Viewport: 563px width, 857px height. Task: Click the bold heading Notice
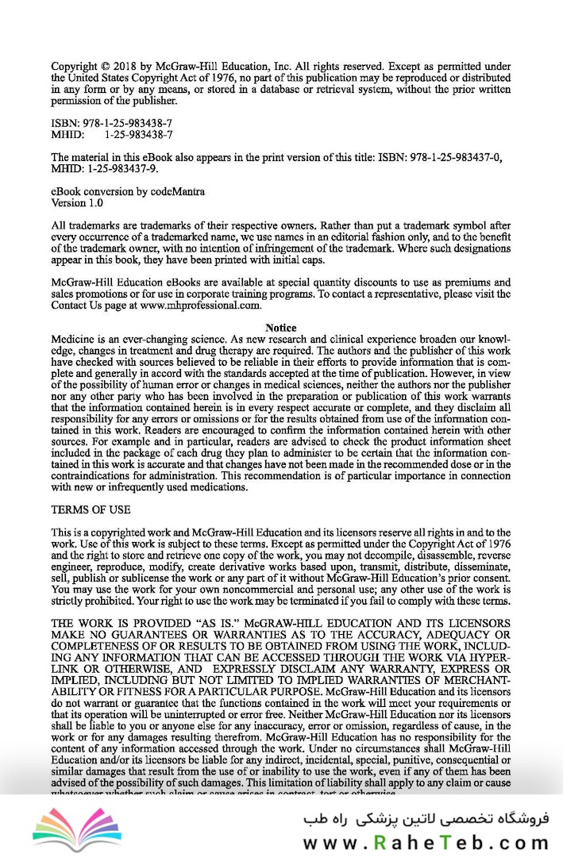(x=281, y=328)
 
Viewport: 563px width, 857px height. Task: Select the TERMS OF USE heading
(x=91, y=509)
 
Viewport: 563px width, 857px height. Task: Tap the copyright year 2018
(x=129, y=67)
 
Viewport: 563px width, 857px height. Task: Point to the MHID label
(x=67, y=135)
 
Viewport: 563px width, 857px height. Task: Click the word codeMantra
(x=176, y=191)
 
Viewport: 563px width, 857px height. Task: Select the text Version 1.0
(x=77, y=202)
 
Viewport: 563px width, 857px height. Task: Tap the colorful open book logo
(x=77, y=825)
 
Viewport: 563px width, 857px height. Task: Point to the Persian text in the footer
(x=426, y=817)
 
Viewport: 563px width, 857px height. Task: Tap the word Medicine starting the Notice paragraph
(x=74, y=339)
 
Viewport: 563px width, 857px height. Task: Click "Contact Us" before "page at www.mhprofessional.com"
(x=80, y=305)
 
